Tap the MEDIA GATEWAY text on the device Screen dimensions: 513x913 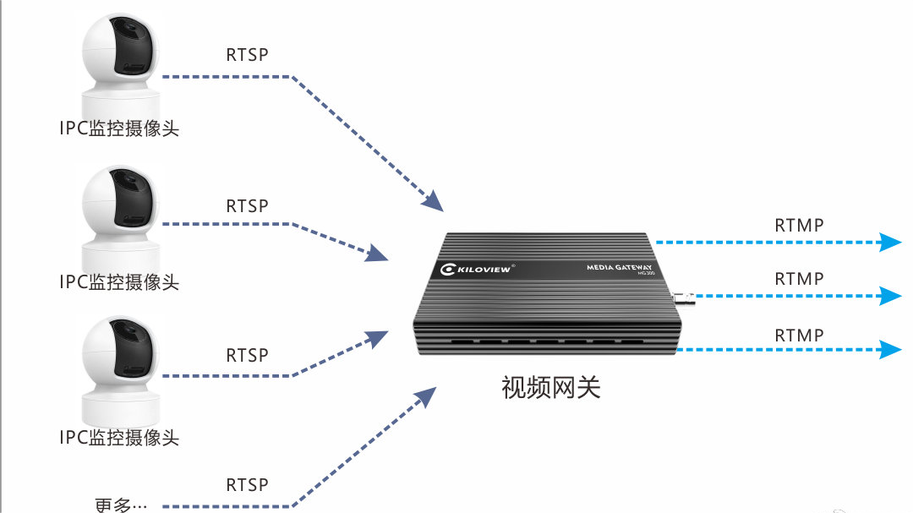coord(620,267)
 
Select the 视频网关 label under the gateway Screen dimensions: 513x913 coord(550,387)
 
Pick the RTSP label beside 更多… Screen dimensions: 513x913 coord(247,485)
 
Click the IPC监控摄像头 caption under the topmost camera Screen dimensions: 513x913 coord(119,128)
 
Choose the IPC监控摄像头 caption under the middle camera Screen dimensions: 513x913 coord(119,281)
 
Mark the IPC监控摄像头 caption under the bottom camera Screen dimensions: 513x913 coord(119,437)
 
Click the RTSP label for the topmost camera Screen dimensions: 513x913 coord(247,55)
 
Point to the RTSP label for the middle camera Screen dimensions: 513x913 coord(247,206)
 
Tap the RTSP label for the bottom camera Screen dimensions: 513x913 coord(247,355)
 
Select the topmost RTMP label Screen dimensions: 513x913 coord(799,226)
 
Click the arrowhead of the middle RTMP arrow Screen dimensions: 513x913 coord(890,296)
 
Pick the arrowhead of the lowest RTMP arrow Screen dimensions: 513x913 coord(890,349)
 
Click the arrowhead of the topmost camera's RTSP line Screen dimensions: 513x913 coord(432,201)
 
